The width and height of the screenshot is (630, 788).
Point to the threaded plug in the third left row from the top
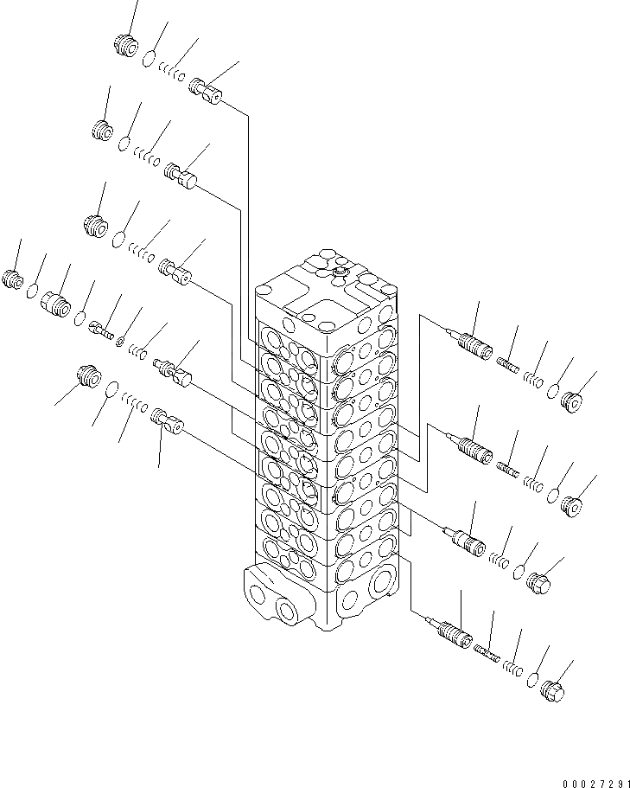[95, 227]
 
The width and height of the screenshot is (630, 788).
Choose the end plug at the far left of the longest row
[13, 279]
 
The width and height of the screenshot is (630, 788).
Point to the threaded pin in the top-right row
[509, 367]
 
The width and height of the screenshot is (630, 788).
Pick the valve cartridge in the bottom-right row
[454, 633]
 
